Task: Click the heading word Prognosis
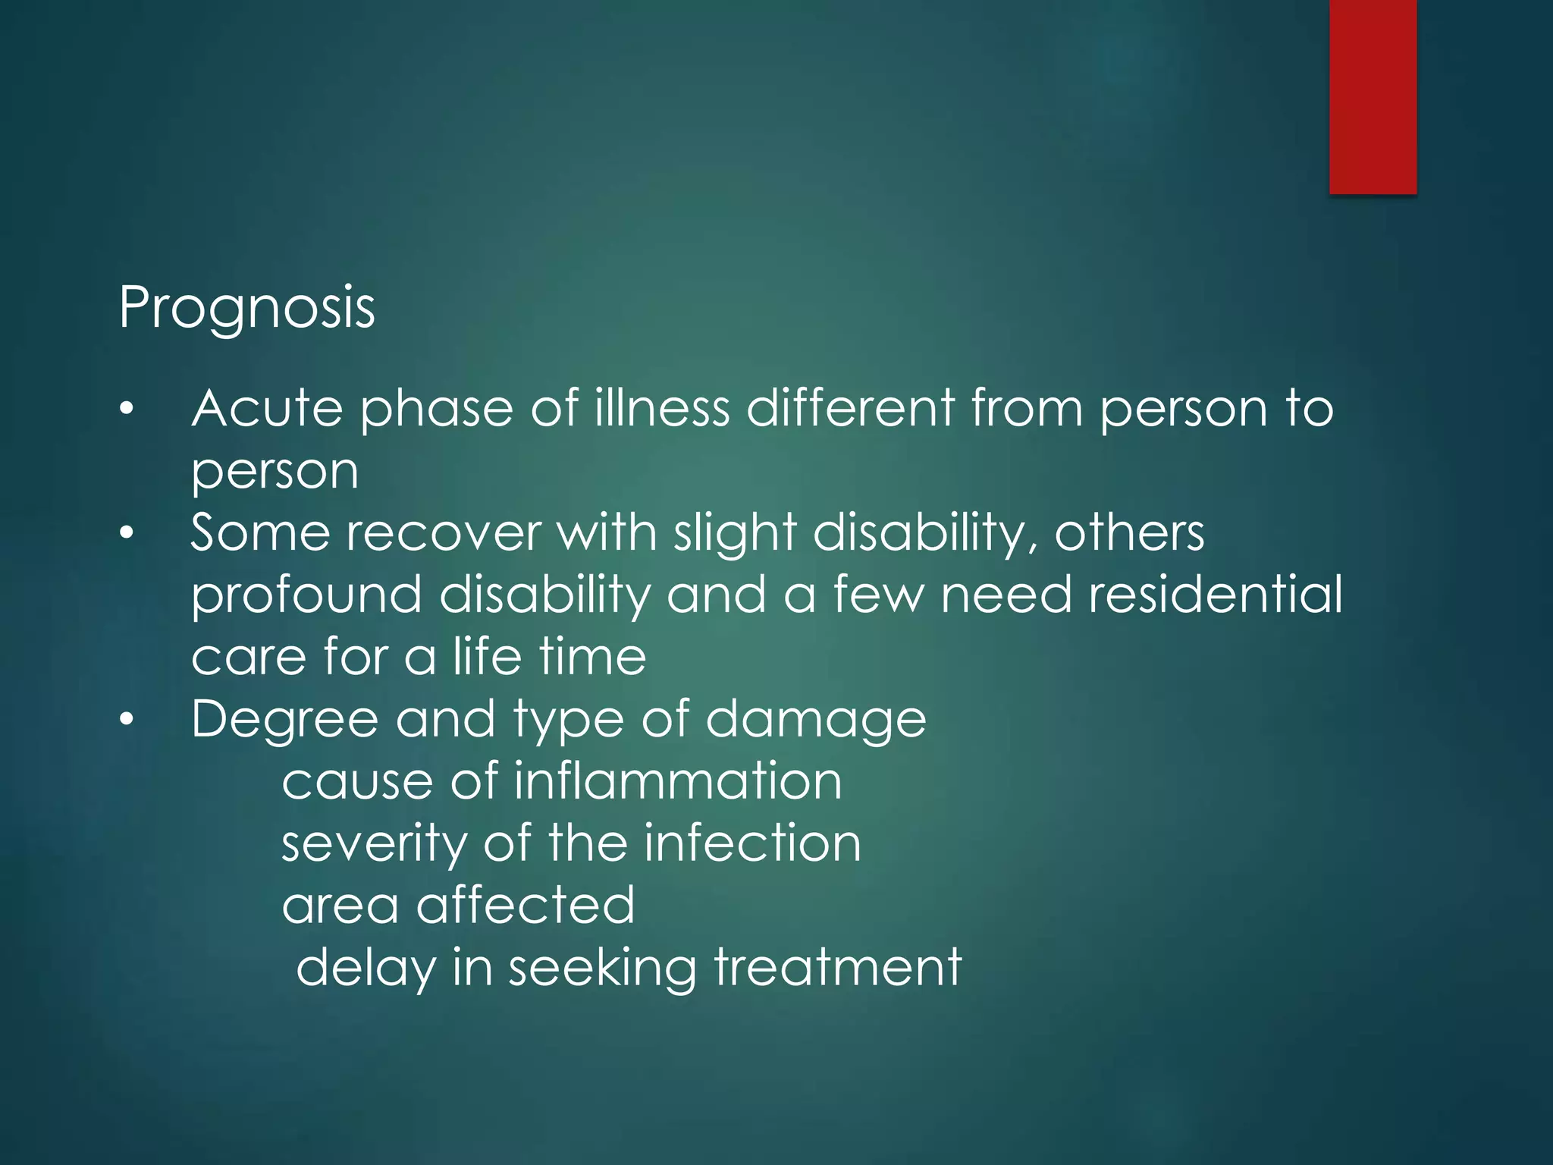click(246, 308)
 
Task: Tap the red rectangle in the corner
click(1373, 96)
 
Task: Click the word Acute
click(267, 409)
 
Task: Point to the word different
click(850, 409)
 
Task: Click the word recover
click(444, 533)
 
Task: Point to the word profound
click(306, 596)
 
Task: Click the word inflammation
click(678, 781)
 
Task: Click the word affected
click(526, 906)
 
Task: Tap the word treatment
click(838, 969)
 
